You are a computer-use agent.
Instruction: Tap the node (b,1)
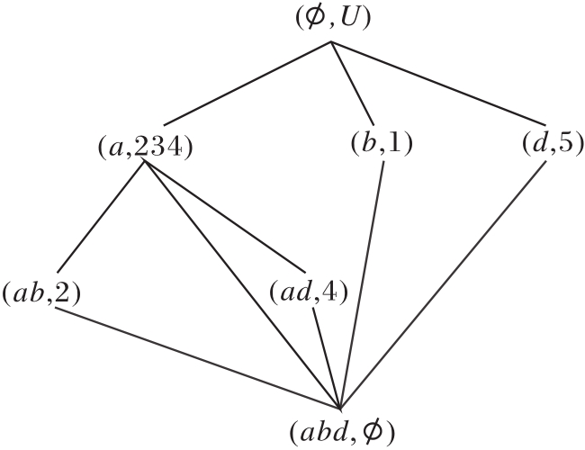(x=381, y=143)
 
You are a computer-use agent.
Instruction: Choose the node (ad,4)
(x=309, y=293)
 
